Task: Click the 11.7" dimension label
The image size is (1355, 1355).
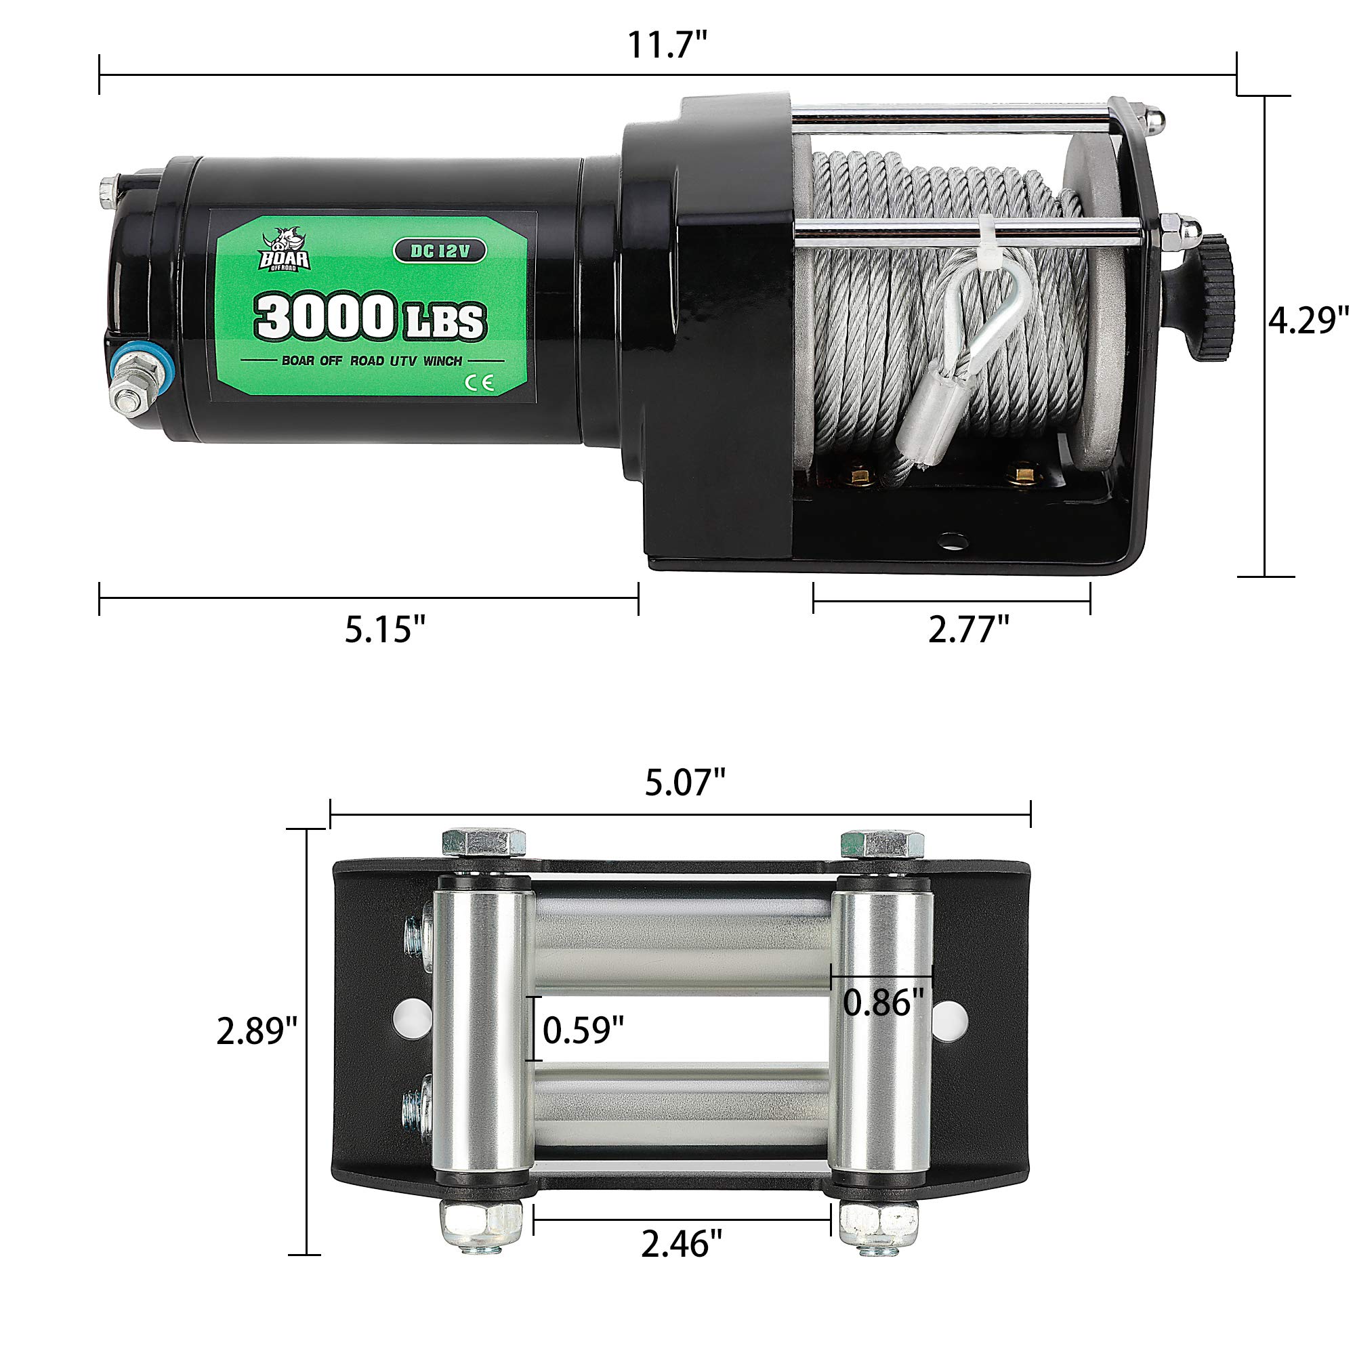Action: point(665,45)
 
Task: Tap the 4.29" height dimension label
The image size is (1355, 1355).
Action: point(1309,320)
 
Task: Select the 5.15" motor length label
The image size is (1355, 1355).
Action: point(385,629)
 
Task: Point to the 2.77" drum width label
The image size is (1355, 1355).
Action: point(969,629)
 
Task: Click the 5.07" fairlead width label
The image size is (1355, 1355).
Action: point(684,782)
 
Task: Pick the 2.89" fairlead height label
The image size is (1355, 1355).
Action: point(257,1032)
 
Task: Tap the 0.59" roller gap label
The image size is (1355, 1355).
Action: point(583,1030)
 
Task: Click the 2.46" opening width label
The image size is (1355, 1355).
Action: point(681,1244)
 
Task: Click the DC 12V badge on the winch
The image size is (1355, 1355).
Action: point(439,251)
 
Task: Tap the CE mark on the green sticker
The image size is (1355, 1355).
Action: point(483,382)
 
